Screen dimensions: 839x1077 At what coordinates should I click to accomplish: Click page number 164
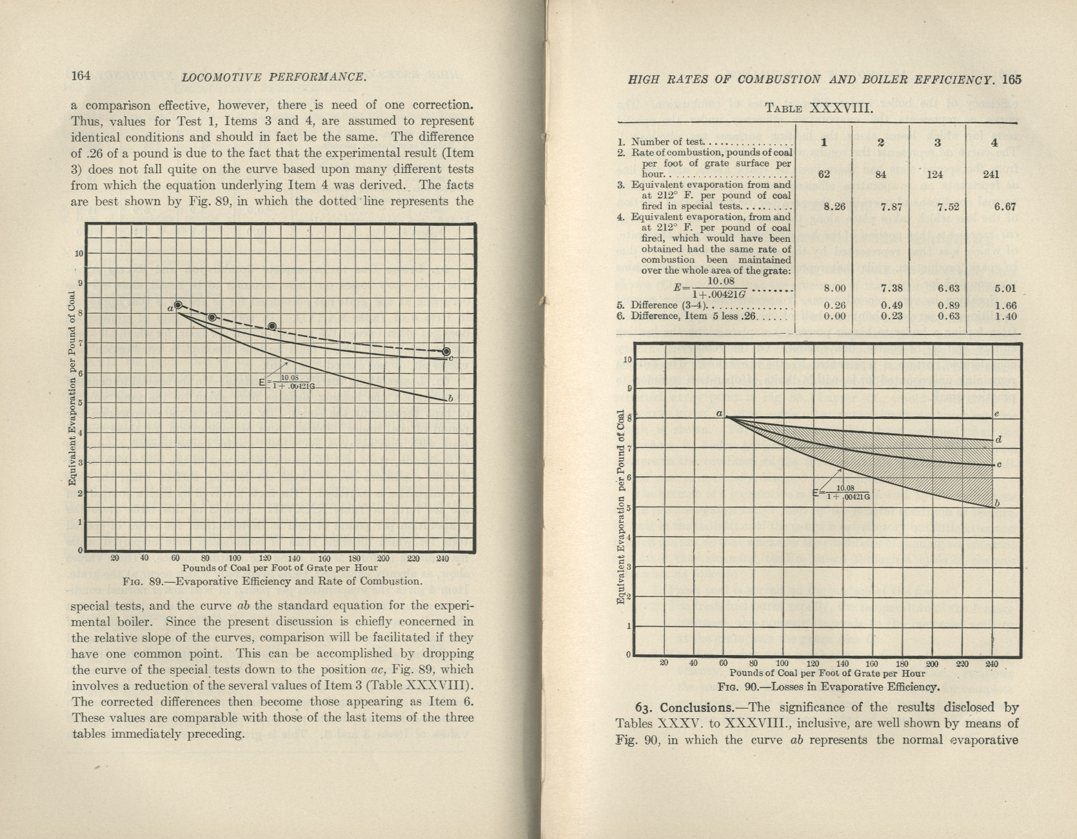point(81,76)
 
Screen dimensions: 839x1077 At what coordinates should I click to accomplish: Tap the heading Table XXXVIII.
point(819,108)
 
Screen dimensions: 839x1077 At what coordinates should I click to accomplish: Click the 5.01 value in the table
point(987,288)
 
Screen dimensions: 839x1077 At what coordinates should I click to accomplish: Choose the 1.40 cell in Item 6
point(987,316)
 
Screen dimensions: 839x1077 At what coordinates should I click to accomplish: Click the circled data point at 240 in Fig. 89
point(446,351)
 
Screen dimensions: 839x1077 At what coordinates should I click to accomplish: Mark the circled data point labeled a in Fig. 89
point(179,306)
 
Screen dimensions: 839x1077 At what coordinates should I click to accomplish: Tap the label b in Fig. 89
point(450,398)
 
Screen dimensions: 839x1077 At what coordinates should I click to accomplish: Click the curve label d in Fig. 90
point(998,440)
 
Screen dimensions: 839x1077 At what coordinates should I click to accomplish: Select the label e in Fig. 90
point(996,414)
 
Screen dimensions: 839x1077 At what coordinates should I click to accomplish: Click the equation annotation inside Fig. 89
point(286,381)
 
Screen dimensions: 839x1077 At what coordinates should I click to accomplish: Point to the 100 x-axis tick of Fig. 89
point(234,558)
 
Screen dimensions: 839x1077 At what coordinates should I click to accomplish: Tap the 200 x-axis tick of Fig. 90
point(931,663)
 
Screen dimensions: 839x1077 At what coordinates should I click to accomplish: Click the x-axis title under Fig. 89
point(279,568)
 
